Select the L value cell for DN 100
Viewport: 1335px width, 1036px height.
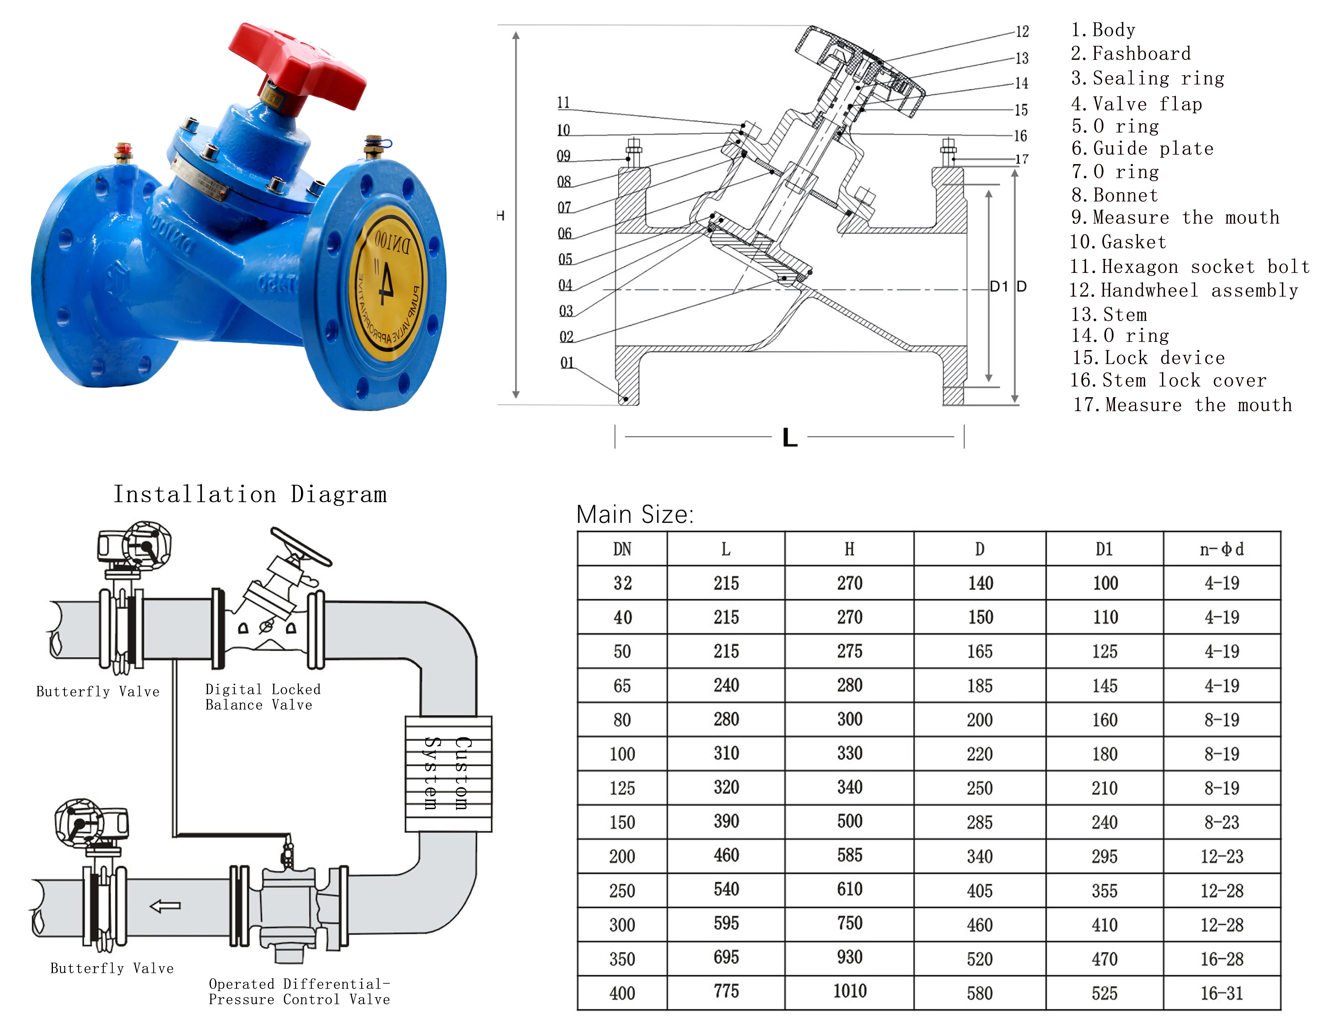[x=726, y=753]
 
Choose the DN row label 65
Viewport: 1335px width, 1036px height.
[x=622, y=686]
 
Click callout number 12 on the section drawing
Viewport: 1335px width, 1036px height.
[x=1022, y=32]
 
